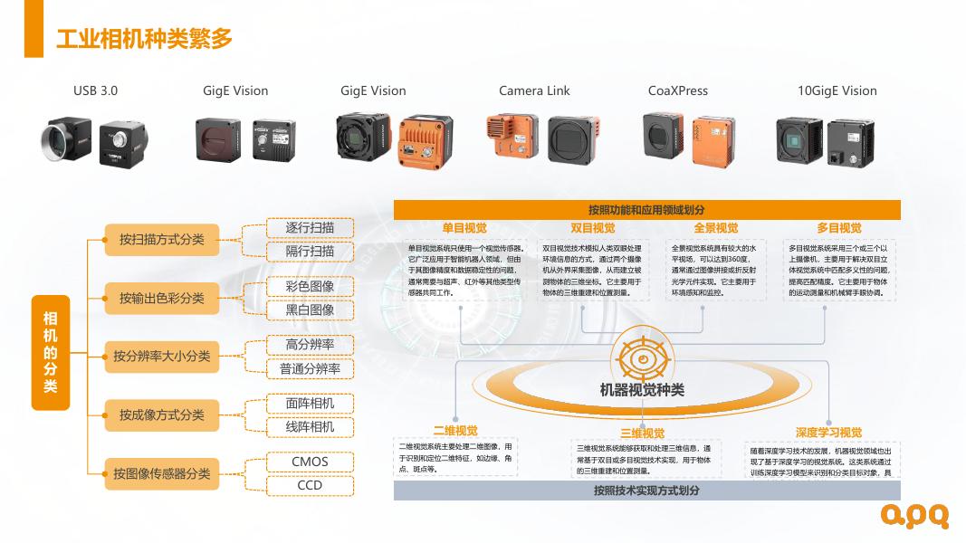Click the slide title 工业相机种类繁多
pos(145,38)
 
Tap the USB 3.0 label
pos(95,90)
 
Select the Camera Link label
pos(534,90)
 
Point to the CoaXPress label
pos(678,90)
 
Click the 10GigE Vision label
pos(837,90)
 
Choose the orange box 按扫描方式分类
pos(162,240)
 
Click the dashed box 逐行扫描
pos(310,228)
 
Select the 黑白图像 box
pos(310,310)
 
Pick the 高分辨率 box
pos(310,345)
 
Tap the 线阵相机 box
pos(310,426)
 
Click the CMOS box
pos(310,462)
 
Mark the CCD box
pos(310,485)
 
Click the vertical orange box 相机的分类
pos(51,352)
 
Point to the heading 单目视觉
pos(464,228)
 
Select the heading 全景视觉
pos(716,228)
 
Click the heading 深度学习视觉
pos(828,433)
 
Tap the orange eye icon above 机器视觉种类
pos(643,359)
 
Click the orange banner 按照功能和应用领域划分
pos(646,210)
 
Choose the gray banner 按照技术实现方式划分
pos(646,491)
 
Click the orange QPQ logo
pos(915,516)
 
